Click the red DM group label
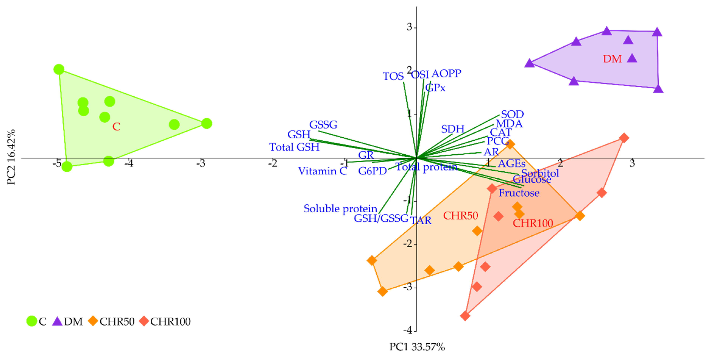[x=612, y=59]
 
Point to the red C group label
[x=116, y=127]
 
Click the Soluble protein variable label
[x=340, y=209]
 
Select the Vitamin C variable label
[x=322, y=171]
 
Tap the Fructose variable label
[x=519, y=193]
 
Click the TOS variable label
[x=393, y=76]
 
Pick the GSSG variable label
[x=323, y=125]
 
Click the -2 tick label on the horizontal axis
[x=273, y=163]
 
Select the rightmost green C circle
[x=206, y=123]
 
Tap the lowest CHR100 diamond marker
[x=465, y=316]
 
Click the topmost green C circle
[x=59, y=69]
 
